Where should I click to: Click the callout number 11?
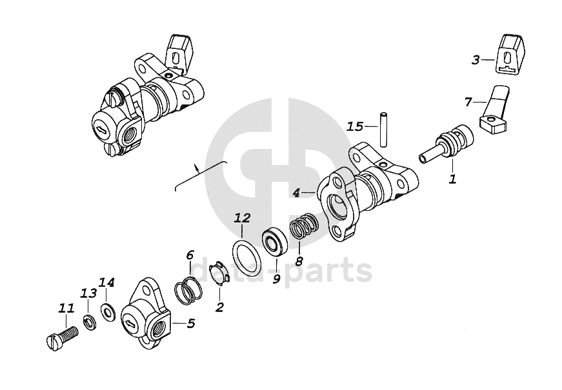coord(66,310)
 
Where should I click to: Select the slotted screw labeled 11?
coord(62,337)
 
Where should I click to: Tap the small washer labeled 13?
coord(90,321)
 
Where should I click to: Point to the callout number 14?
coord(106,282)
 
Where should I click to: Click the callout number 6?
coord(189,255)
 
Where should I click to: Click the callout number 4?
coord(296,193)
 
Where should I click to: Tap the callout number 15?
coord(355,126)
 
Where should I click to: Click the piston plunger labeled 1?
coord(448,145)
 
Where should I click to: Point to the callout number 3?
coord(476,60)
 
